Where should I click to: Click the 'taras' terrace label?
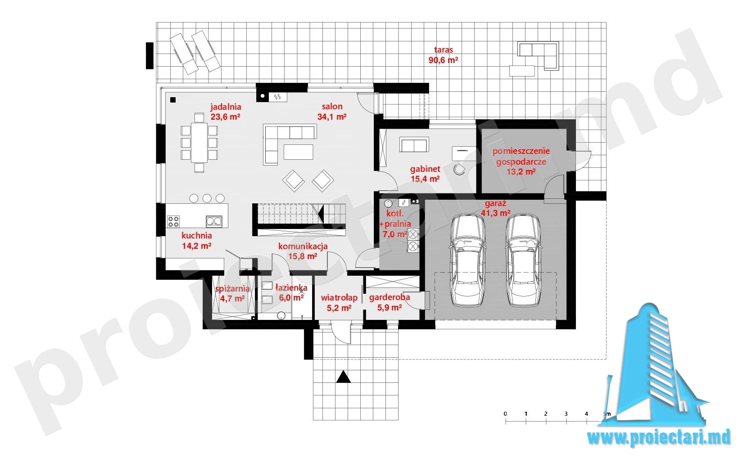coord(444,50)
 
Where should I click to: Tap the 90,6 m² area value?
coord(444,60)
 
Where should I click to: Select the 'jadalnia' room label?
coord(226,107)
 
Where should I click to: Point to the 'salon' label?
coord(332,106)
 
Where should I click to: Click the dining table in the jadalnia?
coord(199,143)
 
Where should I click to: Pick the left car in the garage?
coord(467,260)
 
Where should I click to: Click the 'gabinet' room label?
coord(425,169)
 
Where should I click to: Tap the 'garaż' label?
coord(495,203)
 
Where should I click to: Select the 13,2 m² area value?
coord(521,172)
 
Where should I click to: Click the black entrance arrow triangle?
coord(343,377)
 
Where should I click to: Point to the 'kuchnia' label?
coord(197,235)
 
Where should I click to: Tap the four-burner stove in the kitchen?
coord(173,221)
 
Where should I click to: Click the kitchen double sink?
coord(214,221)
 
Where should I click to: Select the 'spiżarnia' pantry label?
coord(232,289)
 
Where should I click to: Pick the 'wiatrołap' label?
coord(340,297)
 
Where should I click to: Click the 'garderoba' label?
coord(390,297)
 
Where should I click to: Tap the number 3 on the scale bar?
coord(566,413)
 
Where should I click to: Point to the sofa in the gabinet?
coord(414,144)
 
